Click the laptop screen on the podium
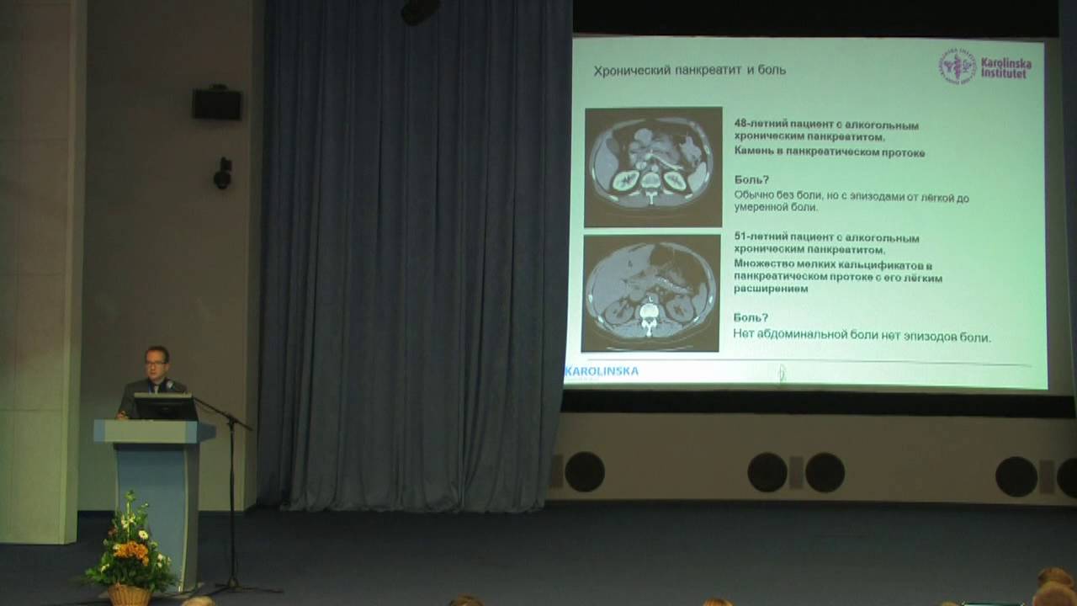pyautogui.click(x=166, y=407)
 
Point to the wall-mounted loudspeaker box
pyautogui.click(x=217, y=104)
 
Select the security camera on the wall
pyautogui.click(x=222, y=175)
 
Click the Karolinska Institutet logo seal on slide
pyautogui.click(x=958, y=66)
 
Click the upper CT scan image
pyautogui.click(x=653, y=166)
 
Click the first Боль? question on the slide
pyautogui.click(x=751, y=179)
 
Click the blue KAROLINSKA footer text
pyautogui.click(x=602, y=370)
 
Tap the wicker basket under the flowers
pyautogui.click(x=130, y=594)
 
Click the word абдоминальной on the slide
pyautogui.click(x=805, y=336)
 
